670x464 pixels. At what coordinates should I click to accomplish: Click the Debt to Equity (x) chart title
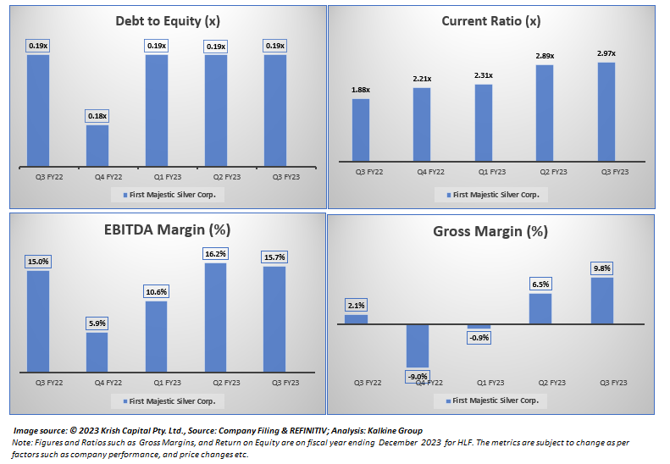(168, 21)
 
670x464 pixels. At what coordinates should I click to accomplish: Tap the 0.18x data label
(97, 116)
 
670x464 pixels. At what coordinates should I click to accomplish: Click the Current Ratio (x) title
(490, 21)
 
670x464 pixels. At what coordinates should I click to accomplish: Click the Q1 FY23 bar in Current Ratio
(484, 122)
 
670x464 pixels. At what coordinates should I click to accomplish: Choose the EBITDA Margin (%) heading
(168, 229)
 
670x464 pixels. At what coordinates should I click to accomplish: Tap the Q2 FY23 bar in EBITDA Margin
(216, 317)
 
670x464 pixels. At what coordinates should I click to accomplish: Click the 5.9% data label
(97, 323)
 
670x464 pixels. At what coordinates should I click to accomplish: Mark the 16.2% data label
(216, 253)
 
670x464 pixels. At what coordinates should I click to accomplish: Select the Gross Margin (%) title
(490, 231)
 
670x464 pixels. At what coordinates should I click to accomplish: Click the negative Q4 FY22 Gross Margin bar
(418, 345)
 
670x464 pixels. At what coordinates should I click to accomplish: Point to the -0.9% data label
(479, 337)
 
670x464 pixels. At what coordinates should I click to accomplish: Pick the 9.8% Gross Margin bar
(601, 301)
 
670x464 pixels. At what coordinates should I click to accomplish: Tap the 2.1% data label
(356, 306)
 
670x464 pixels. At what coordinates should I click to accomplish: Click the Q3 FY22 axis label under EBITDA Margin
(38, 382)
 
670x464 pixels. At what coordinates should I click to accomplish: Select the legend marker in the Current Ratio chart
(448, 195)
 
